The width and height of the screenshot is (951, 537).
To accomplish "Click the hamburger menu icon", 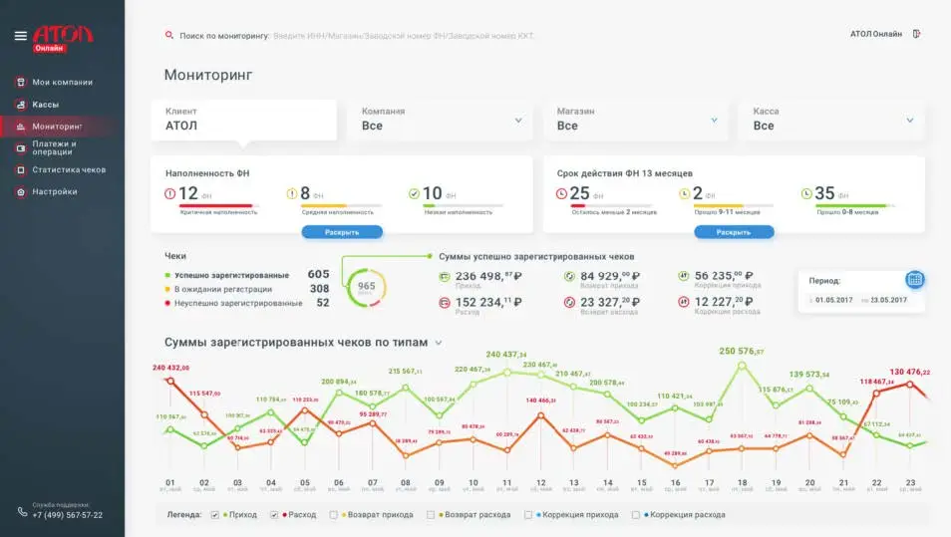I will tap(20, 36).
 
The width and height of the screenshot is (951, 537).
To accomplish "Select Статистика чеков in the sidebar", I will tap(68, 169).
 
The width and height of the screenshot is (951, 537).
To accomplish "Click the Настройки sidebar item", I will tap(54, 191).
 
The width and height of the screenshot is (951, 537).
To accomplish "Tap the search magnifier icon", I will tap(169, 36).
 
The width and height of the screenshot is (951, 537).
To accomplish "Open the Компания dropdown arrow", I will tap(518, 121).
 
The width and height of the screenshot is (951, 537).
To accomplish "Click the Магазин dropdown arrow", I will tap(714, 121).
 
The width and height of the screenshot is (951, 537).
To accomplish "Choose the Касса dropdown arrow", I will tap(909, 121).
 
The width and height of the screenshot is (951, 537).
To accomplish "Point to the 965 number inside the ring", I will tap(366, 286).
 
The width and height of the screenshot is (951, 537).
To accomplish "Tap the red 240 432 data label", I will tap(171, 368).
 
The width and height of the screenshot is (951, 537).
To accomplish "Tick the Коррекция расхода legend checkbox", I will tap(635, 515).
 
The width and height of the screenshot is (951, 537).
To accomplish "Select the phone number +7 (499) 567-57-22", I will tap(67, 515).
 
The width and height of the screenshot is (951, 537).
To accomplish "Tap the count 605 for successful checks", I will tap(318, 275).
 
